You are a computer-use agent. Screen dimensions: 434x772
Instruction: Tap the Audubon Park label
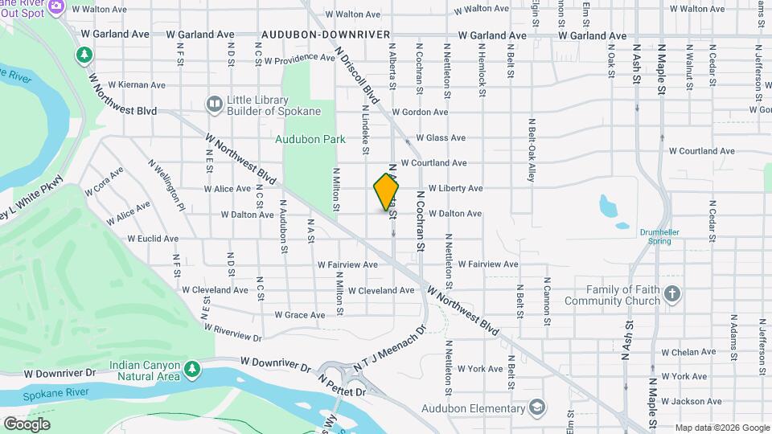click(310, 139)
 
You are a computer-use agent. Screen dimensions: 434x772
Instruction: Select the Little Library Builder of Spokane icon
click(214, 104)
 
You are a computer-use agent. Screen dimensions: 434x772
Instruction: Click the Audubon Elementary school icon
click(536, 408)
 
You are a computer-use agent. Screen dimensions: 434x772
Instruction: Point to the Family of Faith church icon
click(673, 294)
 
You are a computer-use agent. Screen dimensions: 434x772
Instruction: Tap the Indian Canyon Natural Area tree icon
click(191, 369)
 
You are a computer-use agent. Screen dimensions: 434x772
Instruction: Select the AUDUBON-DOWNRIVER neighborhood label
click(325, 35)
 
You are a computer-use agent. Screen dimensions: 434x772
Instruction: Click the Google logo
click(27, 424)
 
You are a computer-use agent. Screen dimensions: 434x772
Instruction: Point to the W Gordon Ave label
click(419, 113)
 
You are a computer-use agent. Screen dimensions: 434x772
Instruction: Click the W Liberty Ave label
click(455, 188)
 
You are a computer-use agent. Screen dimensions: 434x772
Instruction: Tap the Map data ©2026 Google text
click(722, 428)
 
